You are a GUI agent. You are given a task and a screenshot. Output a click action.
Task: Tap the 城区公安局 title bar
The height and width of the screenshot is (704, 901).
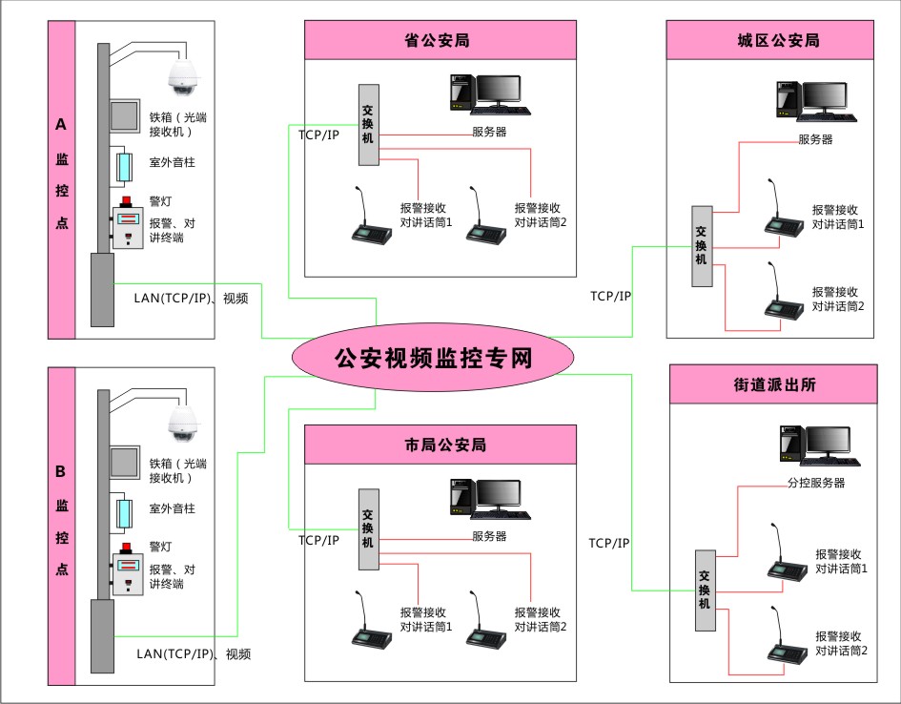pyautogui.click(x=770, y=41)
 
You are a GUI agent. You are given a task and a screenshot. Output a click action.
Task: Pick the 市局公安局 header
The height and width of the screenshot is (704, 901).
pyautogui.click(x=440, y=445)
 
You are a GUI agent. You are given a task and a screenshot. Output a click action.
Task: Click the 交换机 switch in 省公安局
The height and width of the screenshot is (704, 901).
pyautogui.click(x=369, y=124)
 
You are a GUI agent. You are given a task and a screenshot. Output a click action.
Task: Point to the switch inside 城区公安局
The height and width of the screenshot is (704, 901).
pyautogui.click(x=703, y=245)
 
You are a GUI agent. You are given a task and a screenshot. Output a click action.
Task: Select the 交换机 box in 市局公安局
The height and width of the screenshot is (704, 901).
pyautogui.click(x=369, y=528)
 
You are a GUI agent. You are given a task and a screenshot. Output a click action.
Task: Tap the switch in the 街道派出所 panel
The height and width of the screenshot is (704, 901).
pyautogui.click(x=705, y=590)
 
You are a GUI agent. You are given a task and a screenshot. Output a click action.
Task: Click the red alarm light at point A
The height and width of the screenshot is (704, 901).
pyautogui.click(x=126, y=202)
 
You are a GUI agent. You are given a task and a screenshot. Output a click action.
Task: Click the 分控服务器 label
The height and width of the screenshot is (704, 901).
pyautogui.click(x=815, y=484)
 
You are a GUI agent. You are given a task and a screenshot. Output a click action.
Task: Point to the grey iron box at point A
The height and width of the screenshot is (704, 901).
pyautogui.click(x=125, y=116)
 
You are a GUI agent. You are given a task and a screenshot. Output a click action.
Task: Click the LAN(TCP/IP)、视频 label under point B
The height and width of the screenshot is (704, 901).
pyautogui.click(x=194, y=654)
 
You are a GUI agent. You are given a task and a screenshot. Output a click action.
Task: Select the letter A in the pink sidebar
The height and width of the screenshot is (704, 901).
pyautogui.click(x=61, y=125)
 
